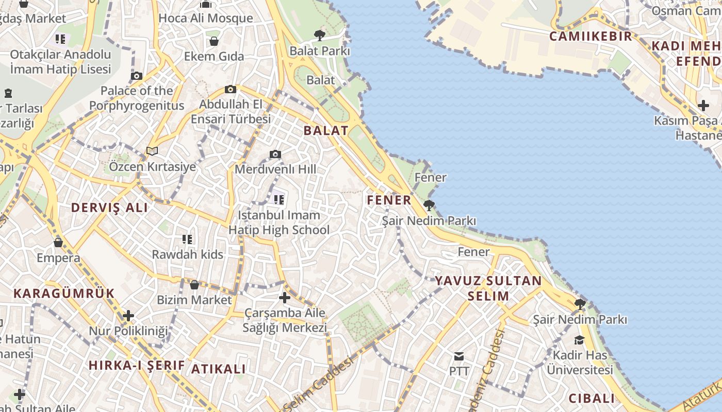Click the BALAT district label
click(326, 130)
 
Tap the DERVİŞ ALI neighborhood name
click(109, 208)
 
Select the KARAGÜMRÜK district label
click(64, 294)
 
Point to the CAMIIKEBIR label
click(590, 36)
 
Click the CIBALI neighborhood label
click(592, 398)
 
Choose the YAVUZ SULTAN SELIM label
click(488, 288)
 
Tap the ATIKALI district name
click(219, 369)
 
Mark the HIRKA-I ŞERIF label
click(137, 365)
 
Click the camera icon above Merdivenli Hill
click(275, 154)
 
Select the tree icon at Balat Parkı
click(320, 35)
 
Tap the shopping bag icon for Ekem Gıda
click(214, 41)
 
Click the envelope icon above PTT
click(458, 356)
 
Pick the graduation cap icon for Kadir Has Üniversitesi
click(579, 340)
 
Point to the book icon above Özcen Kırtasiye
click(152, 151)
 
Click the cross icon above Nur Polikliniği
click(128, 315)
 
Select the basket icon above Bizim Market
click(194, 284)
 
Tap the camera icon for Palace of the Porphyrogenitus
click(137, 76)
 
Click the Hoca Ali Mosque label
click(206, 19)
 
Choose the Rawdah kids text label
click(187, 254)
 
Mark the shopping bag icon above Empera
click(58, 242)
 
